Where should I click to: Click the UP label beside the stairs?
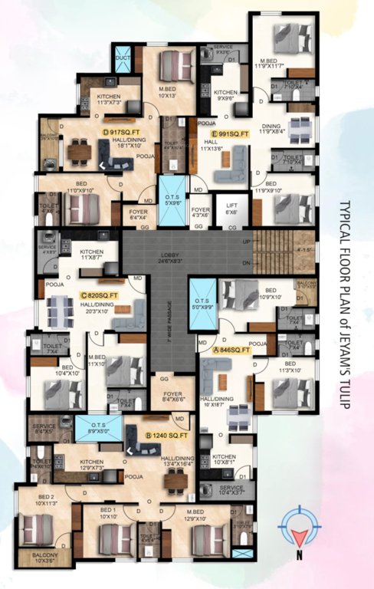pos(244,241)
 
